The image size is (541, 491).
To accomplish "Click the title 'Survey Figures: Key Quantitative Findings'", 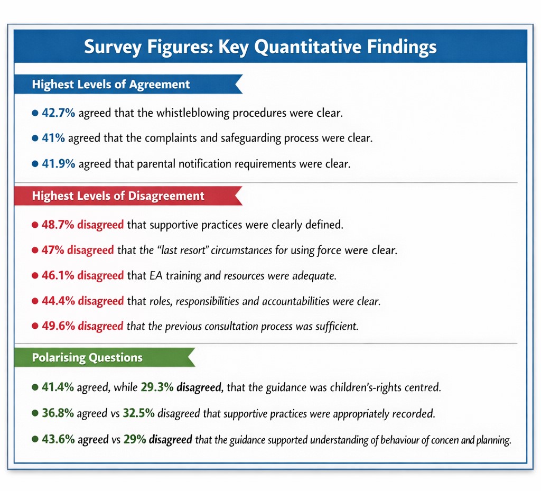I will click(x=260, y=47).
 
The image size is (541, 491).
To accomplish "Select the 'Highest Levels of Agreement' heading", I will click(x=111, y=85).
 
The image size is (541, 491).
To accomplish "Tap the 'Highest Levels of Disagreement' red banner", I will click(x=118, y=196).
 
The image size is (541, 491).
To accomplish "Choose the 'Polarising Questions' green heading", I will click(x=87, y=358).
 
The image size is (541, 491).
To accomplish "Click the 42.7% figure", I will click(x=59, y=113).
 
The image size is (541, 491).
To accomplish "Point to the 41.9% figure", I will click(x=59, y=164).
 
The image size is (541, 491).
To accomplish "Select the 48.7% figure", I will click(x=58, y=225).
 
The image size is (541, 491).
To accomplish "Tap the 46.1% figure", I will click(x=58, y=275).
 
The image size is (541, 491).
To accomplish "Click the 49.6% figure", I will click(x=58, y=326).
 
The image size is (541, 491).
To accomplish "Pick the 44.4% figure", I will click(x=59, y=301).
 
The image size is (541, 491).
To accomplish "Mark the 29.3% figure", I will click(x=157, y=387).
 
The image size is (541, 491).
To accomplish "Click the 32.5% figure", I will click(x=138, y=413).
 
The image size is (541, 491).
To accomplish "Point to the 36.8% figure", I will click(x=58, y=413).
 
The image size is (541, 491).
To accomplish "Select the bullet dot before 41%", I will click(x=35, y=138).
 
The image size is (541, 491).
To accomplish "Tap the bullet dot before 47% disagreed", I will click(x=35, y=250).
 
